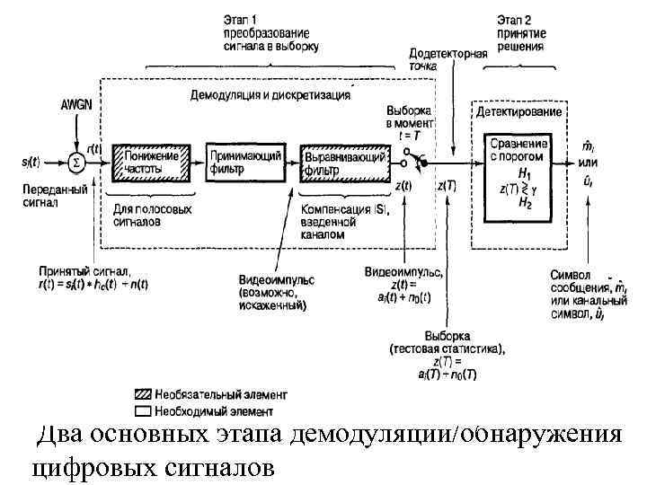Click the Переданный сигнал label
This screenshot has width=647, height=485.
(x=53, y=197)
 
